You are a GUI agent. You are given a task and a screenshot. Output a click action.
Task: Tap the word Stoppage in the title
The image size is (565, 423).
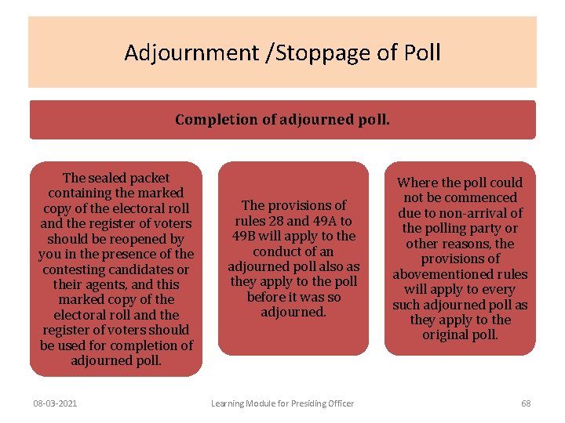click(307, 53)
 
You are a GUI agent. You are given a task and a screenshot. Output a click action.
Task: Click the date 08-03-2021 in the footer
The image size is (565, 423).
click(55, 403)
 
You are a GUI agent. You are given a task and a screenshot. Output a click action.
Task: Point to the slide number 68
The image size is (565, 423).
click(526, 403)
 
